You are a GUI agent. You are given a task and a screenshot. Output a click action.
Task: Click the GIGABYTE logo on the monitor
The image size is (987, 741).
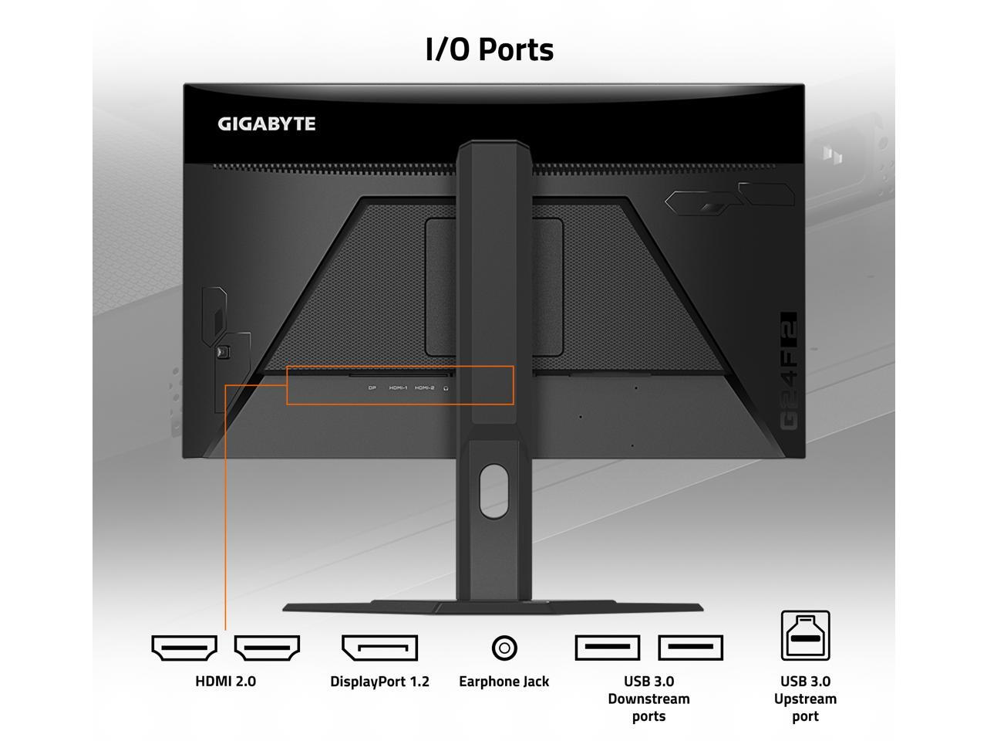coord(266,123)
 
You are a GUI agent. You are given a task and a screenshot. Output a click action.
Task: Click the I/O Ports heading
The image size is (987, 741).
coord(490,49)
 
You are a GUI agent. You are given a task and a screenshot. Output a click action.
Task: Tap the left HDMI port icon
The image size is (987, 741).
coord(184,648)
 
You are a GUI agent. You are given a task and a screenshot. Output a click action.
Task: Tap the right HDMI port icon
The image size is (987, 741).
coord(267,648)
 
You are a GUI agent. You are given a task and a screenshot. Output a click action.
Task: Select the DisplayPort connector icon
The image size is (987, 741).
coord(379,648)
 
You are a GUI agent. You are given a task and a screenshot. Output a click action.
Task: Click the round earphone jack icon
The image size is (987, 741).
coord(504,648)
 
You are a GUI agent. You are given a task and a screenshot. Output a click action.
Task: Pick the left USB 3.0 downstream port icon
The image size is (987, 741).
coord(608,648)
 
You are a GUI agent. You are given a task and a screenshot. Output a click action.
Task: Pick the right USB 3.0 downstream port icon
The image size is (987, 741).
coord(690,648)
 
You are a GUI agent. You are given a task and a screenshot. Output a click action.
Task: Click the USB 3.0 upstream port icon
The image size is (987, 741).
coord(805,635)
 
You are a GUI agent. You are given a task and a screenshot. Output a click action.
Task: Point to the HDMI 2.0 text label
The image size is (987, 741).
coord(225,681)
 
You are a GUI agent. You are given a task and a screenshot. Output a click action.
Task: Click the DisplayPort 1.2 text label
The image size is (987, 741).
coord(379,681)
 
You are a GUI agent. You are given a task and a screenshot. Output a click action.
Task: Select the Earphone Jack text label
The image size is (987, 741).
coord(504,681)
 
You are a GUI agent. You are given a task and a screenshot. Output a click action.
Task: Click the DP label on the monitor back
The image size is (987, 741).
coord(372,387)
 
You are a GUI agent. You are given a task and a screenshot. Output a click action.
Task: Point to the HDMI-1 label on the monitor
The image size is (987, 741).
coord(398,387)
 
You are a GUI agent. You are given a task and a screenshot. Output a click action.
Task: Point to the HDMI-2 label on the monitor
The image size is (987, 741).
coord(424,387)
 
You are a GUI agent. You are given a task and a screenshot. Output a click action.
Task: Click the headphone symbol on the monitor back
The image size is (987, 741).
coord(446,387)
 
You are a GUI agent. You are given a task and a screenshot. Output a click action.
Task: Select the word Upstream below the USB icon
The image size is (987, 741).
coord(805,699)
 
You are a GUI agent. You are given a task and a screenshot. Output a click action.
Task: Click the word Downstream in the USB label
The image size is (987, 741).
coord(648,699)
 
